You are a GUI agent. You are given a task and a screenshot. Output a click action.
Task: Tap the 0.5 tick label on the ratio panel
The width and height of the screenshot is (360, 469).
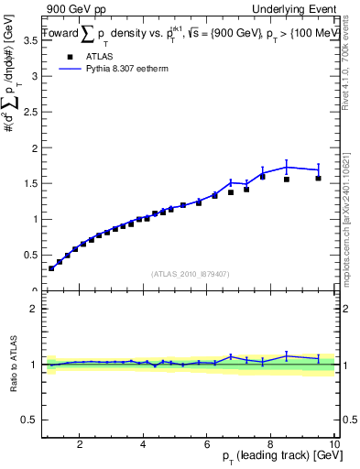pos(29,419)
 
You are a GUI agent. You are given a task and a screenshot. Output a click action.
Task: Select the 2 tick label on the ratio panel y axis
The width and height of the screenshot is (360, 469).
pos(33,309)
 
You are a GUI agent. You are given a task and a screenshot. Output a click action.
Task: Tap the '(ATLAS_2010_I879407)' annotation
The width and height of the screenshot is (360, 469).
pos(190,273)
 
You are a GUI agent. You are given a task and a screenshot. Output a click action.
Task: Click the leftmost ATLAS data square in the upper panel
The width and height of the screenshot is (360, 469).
pos(51,268)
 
